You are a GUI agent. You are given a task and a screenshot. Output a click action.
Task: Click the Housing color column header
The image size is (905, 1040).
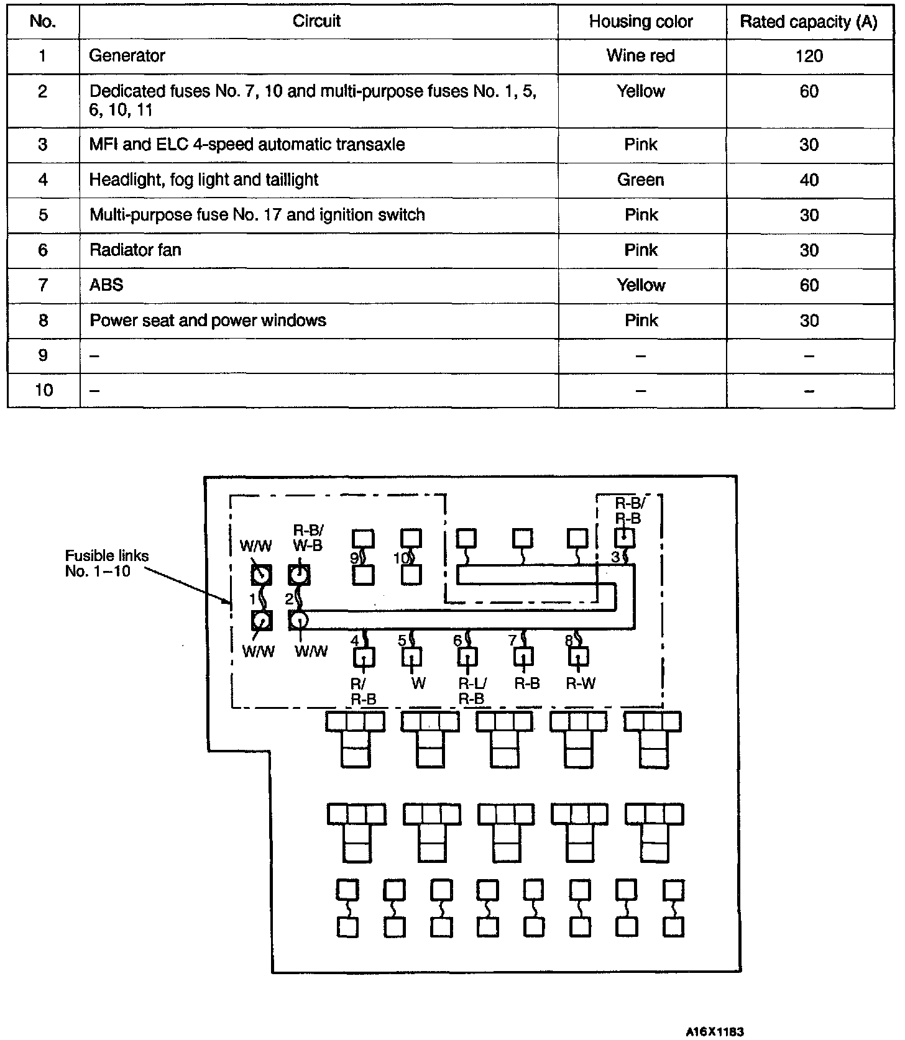[x=641, y=22]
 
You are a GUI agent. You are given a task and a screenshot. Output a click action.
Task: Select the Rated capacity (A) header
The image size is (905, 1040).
[x=809, y=22]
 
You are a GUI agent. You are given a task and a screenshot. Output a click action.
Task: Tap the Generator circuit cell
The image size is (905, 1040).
[x=127, y=56]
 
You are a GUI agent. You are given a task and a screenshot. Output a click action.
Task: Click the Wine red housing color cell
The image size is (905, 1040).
[x=641, y=56]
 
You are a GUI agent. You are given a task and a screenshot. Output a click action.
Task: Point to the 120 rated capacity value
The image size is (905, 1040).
[x=809, y=56]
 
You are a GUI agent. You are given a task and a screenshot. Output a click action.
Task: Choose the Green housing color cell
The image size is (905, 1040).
[x=641, y=180]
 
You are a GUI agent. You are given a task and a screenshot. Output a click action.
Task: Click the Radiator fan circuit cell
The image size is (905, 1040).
[x=136, y=250]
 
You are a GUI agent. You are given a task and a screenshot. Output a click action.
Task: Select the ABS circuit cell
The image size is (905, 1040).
[x=106, y=285]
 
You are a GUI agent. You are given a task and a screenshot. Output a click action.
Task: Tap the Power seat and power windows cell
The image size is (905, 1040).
[x=208, y=321]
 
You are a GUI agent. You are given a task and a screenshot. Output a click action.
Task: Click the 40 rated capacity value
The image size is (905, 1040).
[x=809, y=180]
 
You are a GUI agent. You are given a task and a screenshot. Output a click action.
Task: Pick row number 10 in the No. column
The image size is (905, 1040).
[x=44, y=390]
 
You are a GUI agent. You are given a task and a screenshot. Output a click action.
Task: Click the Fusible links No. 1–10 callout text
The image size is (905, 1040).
[x=106, y=563]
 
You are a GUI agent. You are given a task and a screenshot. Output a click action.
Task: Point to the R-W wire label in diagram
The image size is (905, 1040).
[x=581, y=684]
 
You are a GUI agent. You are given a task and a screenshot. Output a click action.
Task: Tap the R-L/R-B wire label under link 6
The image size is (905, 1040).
[x=472, y=691]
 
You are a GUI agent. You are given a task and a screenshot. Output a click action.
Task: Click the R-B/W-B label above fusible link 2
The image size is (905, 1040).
[x=308, y=538]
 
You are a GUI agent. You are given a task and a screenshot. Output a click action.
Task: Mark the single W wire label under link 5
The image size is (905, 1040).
[x=418, y=684]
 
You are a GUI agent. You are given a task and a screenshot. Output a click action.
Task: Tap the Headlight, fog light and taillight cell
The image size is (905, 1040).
[x=204, y=180]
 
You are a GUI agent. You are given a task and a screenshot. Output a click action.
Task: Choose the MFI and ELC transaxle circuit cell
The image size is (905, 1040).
[x=247, y=145]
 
